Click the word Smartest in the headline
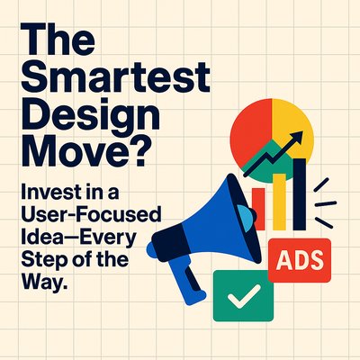click(115, 76)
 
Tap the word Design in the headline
click(90, 116)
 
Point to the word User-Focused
click(91, 214)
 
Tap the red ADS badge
click(300, 260)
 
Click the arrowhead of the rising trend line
click(296, 138)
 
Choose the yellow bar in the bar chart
click(279, 202)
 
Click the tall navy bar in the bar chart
click(300, 194)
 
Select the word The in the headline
click(58, 40)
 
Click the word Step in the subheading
click(38, 260)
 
